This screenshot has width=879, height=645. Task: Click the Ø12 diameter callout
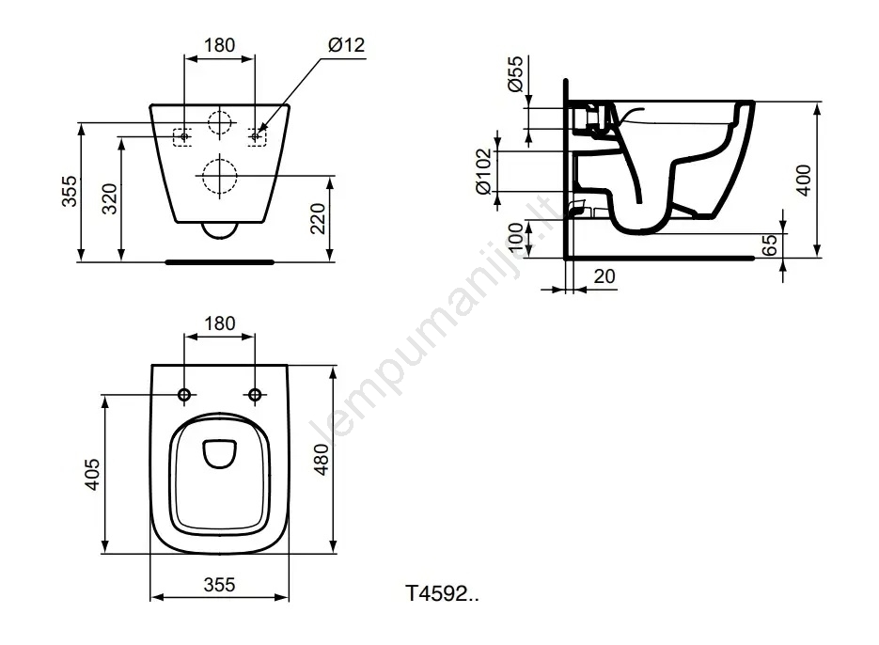tap(347, 45)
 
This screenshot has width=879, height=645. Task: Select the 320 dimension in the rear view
tap(109, 198)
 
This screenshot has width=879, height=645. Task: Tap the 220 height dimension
tap(318, 218)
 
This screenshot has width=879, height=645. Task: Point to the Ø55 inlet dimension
tap(514, 73)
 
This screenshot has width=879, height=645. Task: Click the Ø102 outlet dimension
tap(483, 171)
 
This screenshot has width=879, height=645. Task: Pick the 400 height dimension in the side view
tap(803, 180)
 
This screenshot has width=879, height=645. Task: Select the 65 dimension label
tap(771, 245)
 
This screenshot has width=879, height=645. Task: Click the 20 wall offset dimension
tap(604, 275)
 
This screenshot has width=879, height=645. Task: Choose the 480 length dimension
tap(322, 460)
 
